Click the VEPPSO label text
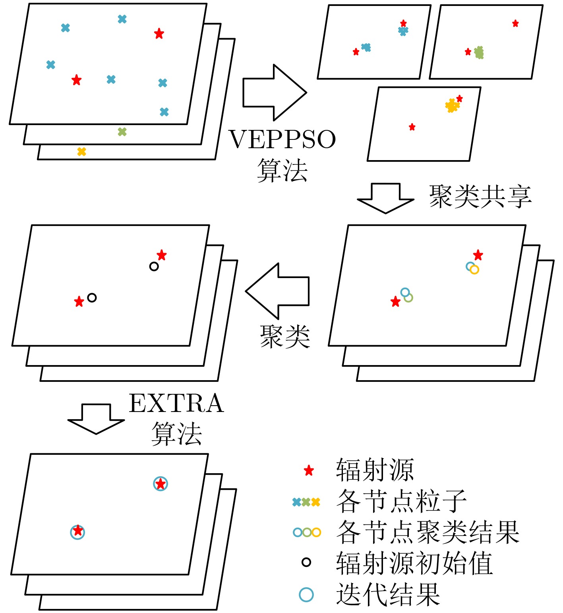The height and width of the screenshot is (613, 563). click(282, 139)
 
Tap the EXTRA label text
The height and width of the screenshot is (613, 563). click(176, 403)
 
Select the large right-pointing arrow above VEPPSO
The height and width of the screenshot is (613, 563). click(274, 93)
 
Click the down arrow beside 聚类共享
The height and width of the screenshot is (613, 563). click(385, 198)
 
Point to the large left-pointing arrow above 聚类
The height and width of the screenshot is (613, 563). click(277, 291)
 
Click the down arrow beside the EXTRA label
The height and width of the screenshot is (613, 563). click(96, 419)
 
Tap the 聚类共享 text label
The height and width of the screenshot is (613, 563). click(480, 197)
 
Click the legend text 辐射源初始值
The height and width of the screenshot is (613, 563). click(414, 563)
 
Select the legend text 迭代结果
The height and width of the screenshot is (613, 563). click(388, 594)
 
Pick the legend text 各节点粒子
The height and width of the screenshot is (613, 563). click(401, 501)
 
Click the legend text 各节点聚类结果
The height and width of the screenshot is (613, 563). click(428, 532)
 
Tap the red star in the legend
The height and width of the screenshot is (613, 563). click(309, 471)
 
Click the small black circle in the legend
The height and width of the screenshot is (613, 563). click(306, 562)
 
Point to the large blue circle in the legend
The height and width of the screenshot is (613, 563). click(306, 595)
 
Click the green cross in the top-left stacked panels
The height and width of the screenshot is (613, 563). click(122, 132)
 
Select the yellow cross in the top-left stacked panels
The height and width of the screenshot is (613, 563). click(81, 151)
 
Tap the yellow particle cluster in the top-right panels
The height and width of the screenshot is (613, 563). click(452, 106)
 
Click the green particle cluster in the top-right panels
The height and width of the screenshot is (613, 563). click(479, 52)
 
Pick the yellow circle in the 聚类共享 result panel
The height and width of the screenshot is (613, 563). click(474, 270)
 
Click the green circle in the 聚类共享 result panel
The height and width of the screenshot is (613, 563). click(408, 298)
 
